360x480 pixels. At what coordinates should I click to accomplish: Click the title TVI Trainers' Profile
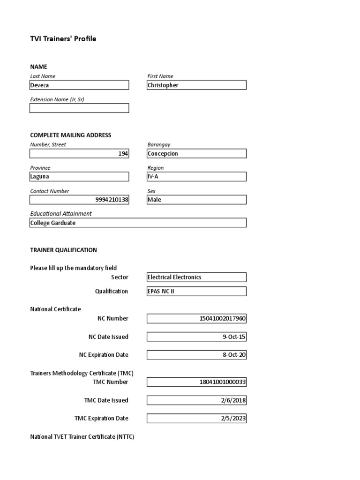[63, 39]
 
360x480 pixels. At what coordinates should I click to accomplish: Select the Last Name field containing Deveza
[79, 85]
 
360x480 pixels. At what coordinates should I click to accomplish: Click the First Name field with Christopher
[196, 85]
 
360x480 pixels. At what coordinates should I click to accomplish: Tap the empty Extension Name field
[79, 108]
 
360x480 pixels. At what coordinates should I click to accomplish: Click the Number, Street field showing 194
[79, 154]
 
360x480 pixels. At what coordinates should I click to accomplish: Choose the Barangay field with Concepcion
[196, 154]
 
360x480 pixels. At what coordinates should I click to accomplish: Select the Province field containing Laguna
[79, 177]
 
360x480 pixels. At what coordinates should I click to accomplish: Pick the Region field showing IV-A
[196, 177]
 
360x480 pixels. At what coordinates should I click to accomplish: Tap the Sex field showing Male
[196, 200]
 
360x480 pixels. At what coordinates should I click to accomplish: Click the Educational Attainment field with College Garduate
[138, 223]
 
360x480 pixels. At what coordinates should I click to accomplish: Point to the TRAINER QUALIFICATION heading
[64, 250]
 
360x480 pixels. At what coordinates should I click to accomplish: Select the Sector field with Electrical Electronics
[196, 277]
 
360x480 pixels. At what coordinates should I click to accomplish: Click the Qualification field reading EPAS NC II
[196, 292]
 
